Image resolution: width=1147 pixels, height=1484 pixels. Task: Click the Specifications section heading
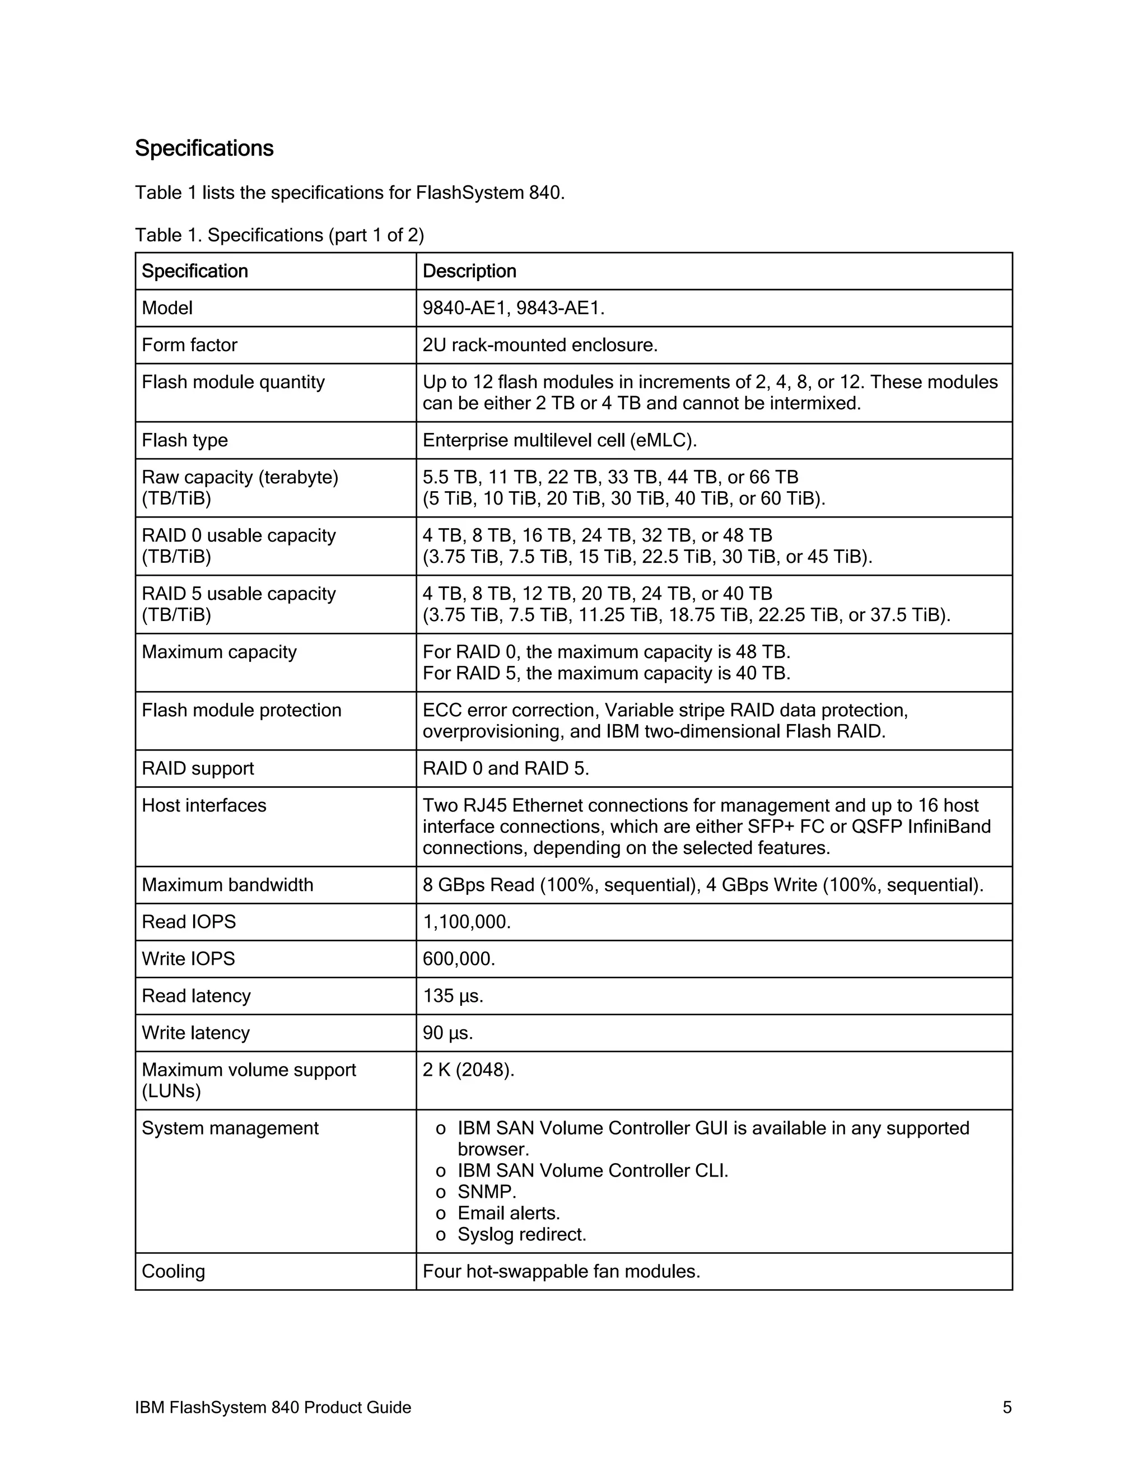(x=204, y=149)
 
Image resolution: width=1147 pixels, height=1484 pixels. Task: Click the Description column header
(x=469, y=271)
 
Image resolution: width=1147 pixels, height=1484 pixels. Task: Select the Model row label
(x=167, y=308)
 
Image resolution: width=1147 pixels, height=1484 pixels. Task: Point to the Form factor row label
(x=189, y=345)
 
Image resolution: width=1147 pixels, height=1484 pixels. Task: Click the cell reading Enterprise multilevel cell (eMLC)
(x=559, y=440)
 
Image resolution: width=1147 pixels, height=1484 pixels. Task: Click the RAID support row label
(x=197, y=768)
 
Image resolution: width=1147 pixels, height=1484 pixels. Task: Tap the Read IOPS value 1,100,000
(x=466, y=922)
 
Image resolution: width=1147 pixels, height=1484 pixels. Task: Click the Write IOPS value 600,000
(x=459, y=959)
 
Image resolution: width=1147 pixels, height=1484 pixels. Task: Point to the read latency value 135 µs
(x=453, y=996)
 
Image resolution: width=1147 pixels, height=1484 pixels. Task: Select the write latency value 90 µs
(x=447, y=1033)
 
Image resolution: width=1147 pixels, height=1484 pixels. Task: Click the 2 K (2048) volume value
(x=468, y=1070)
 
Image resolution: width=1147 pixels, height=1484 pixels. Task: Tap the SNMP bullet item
(x=487, y=1192)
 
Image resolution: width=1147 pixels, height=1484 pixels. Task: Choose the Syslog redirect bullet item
(x=521, y=1234)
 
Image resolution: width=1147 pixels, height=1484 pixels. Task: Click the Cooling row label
(x=172, y=1271)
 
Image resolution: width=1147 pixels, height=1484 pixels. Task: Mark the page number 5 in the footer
(x=1007, y=1407)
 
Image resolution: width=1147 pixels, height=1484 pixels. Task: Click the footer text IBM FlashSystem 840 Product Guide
(x=273, y=1407)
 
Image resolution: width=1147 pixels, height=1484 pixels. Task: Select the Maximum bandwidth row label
(x=227, y=885)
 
